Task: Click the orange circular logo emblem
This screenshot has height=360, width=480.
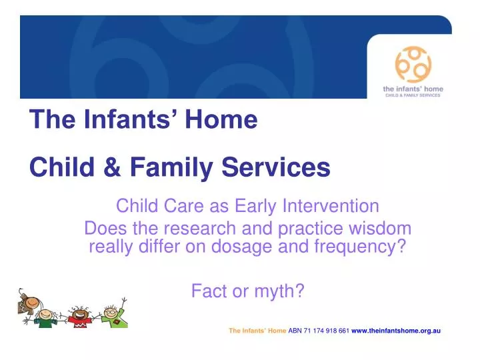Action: coord(413,65)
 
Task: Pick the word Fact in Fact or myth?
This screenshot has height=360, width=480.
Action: coord(206,291)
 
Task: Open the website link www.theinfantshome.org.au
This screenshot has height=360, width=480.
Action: coord(396,331)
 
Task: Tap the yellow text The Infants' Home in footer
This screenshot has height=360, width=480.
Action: coord(257,331)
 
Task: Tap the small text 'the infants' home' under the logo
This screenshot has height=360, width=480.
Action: coord(413,89)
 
